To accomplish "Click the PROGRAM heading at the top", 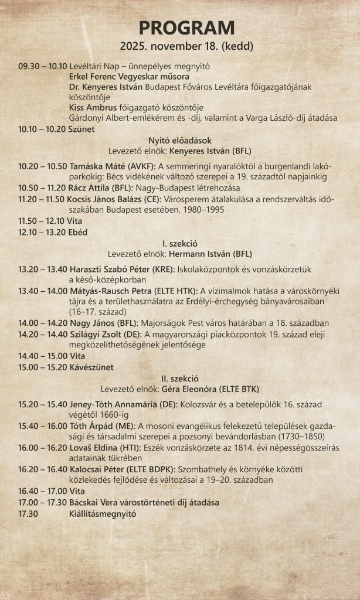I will [186, 28].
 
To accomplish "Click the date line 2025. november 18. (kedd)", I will [186, 46].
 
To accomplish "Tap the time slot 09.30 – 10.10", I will [43, 66].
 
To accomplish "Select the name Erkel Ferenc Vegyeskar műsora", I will [129, 76].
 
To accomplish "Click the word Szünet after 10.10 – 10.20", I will [81, 129].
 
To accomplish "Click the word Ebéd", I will [78, 232].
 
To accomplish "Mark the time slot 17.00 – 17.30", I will [43, 502].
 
